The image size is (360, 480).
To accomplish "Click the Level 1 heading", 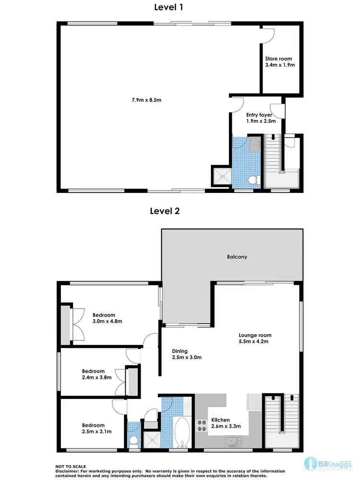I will pyautogui.click(x=168, y=7).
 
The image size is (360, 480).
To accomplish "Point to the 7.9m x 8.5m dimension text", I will pyautogui.click(x=146, y=100).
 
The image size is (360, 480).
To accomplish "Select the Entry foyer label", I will pyautogui.click(x=259, y=115).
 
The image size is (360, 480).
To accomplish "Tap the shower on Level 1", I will pyautogui.click(x=222, y=176).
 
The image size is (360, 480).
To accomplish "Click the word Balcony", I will pyautogui.click(x=237, y=257).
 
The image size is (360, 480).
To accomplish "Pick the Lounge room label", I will pyautogui.click(x=255, y=335).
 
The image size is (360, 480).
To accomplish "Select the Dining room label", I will pyautogui.click(x=180, y=351).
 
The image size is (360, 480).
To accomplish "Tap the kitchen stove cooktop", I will pyautogui.click(x=202, y=425).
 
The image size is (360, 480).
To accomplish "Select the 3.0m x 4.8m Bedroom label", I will pyautogui.click(x=104, y=315).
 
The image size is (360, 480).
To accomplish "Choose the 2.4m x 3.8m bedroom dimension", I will pyautogui.click(x=96, y=377).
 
